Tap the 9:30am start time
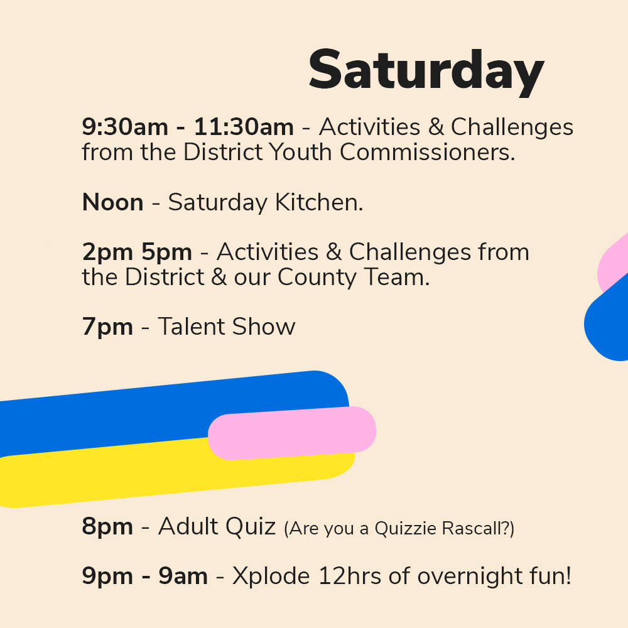[125, 127]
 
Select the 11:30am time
[244, 127]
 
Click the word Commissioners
[427, 152]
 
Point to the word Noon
[112, 202]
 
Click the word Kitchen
[319, 202]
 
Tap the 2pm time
[107, 253]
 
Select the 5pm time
[166, 253]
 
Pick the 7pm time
[107, 327]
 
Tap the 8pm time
[107, 527]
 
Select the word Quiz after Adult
[251, 526]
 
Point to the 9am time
[183, 577]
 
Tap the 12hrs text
[350, 577]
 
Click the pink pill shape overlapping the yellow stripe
[292, 433]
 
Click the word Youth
[300, 152]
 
